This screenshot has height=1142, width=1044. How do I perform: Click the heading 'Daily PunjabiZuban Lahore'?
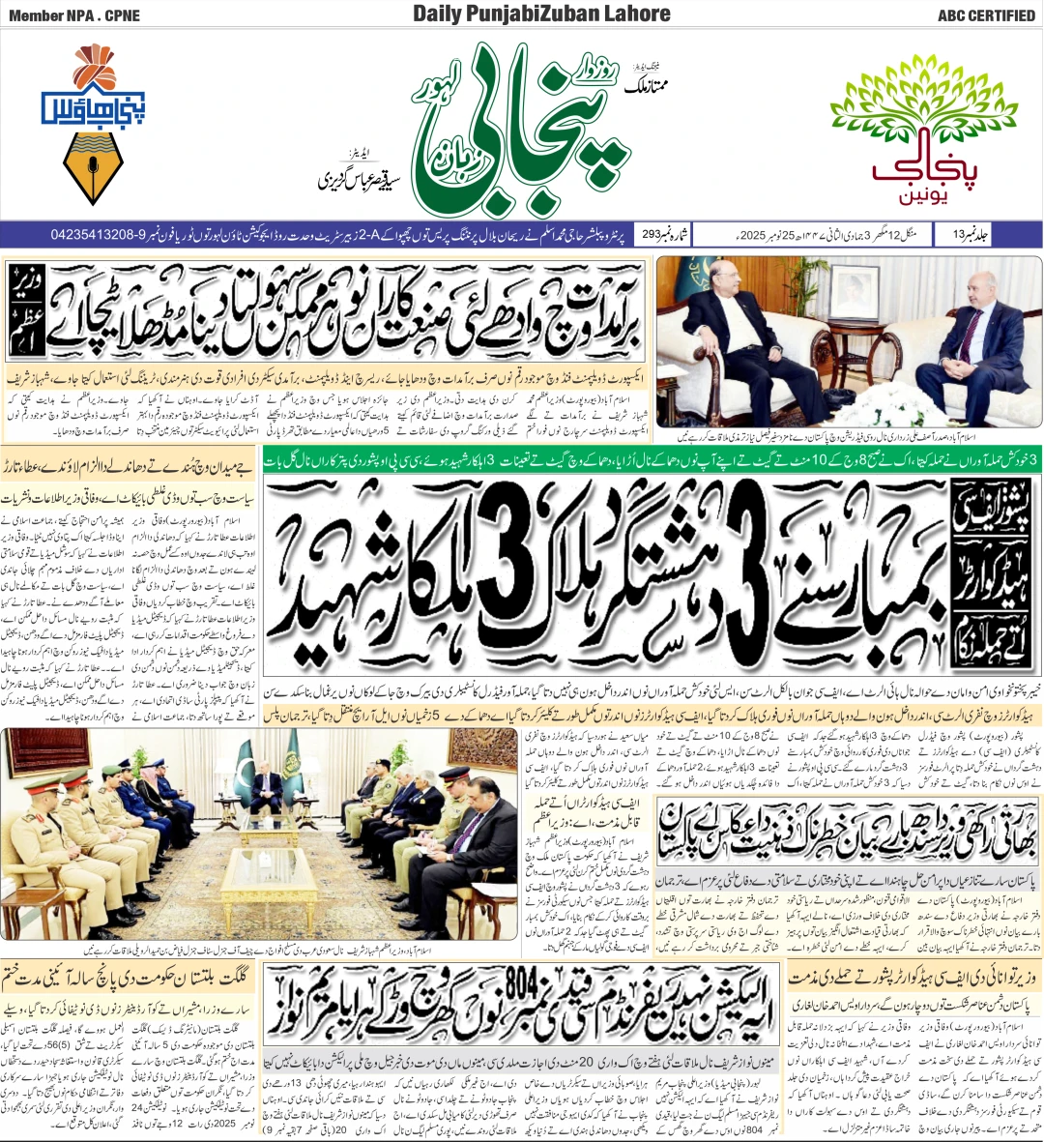(x=541, y=14)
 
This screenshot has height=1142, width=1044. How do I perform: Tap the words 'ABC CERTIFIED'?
(x=986, y=15)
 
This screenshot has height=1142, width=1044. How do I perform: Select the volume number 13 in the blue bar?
(x=958, y=234)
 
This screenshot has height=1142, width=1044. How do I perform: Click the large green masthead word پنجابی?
(x=522, y=135)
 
